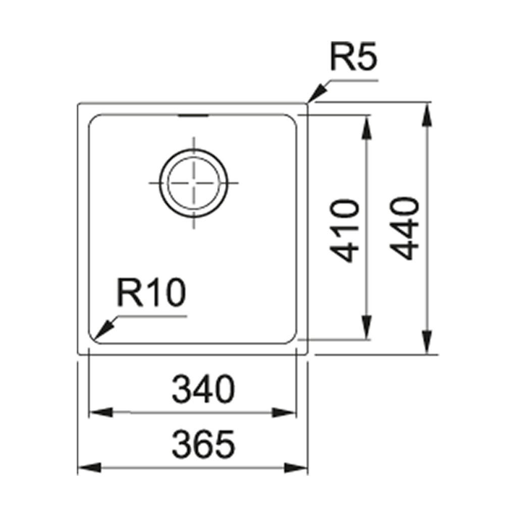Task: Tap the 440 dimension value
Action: [x=406, y=229]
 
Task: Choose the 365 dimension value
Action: [x=203, y=444]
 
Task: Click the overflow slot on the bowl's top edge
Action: [x=193, y=116]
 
